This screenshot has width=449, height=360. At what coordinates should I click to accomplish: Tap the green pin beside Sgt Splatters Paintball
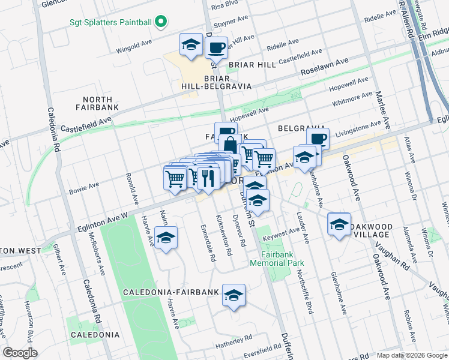160,23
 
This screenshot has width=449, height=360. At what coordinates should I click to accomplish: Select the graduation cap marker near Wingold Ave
191,44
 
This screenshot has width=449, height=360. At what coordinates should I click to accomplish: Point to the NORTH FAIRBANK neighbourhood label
98,103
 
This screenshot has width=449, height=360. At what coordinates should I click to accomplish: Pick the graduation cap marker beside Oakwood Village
339,225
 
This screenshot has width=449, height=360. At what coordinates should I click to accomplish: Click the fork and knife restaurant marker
208,177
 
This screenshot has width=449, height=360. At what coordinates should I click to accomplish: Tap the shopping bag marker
231,145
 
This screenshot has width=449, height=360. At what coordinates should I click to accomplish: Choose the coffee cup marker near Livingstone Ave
318,139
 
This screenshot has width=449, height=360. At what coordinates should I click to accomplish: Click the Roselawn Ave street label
324,62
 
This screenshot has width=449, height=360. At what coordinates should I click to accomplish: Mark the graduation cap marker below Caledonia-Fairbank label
234,295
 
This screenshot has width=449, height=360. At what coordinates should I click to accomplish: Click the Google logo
20,353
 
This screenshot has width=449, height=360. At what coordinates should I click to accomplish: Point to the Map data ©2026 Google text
411,355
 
